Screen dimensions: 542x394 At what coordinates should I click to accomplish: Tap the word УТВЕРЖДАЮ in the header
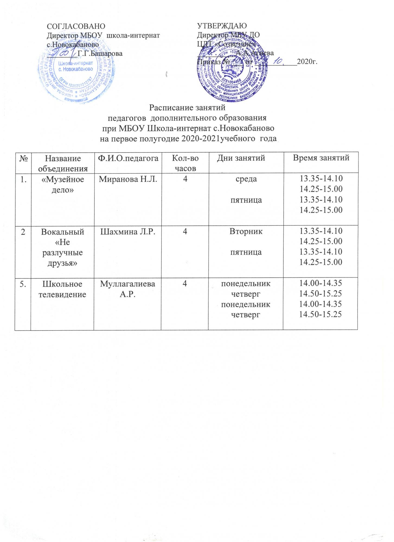[222, 26]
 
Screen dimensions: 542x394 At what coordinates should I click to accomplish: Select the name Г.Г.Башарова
[100, 53]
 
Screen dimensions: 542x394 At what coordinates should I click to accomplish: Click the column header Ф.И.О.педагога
[127, 158]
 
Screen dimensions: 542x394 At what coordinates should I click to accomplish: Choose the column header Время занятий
[320, 158]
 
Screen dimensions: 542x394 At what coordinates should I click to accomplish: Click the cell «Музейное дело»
[62, 184]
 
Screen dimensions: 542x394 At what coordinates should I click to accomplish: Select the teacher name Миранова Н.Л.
[127, 179]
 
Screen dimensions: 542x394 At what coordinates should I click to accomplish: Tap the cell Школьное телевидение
[62, 289]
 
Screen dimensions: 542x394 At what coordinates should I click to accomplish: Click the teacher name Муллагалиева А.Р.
[127, 289]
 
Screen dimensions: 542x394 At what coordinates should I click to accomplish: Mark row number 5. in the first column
[23, 284]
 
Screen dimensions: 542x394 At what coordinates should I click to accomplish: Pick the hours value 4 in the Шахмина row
[185, 231]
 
